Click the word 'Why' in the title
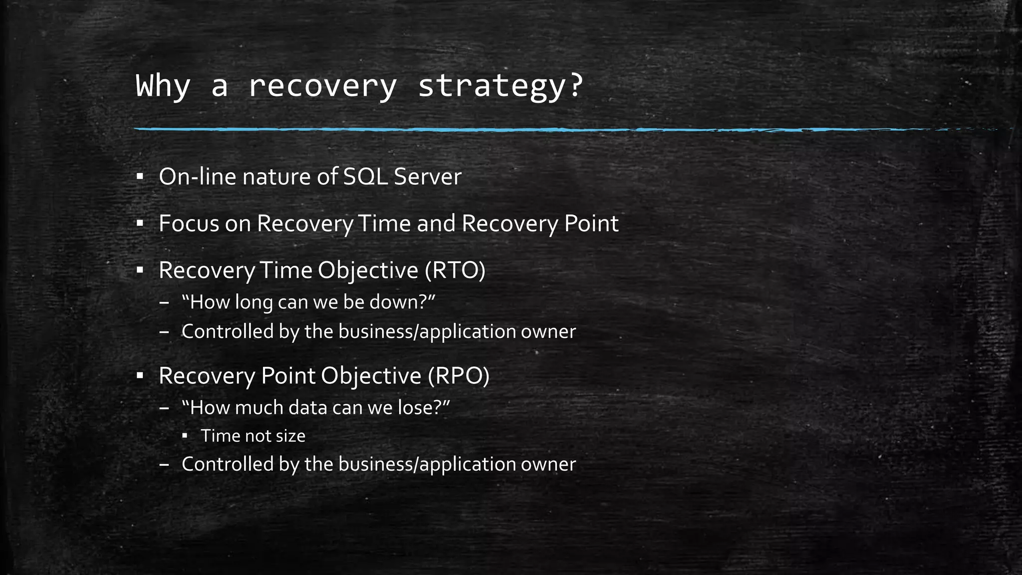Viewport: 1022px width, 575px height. tap(163, 86)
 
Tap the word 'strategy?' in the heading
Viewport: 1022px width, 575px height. tap(500, 86)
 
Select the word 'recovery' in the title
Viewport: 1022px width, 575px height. tap(322, 86)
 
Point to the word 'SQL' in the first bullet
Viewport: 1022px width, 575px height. tap(365, 177)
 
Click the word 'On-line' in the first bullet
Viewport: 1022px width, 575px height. tap(197, 177)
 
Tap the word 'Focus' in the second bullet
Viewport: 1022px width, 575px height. tap(189, 223)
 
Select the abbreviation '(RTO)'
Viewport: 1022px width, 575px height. tap(455, 270)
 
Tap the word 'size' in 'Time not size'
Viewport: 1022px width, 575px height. tap(290, 436)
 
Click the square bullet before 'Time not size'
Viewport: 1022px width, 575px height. tap(185, 436)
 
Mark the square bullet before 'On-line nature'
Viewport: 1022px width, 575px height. tap(140, 177)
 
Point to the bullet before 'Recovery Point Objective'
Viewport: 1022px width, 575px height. tap(140, 375)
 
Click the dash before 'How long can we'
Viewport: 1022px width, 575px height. tap(165, 303)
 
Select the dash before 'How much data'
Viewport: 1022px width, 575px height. tap(165, 408)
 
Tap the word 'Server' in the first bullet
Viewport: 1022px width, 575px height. tap(428, 177)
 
